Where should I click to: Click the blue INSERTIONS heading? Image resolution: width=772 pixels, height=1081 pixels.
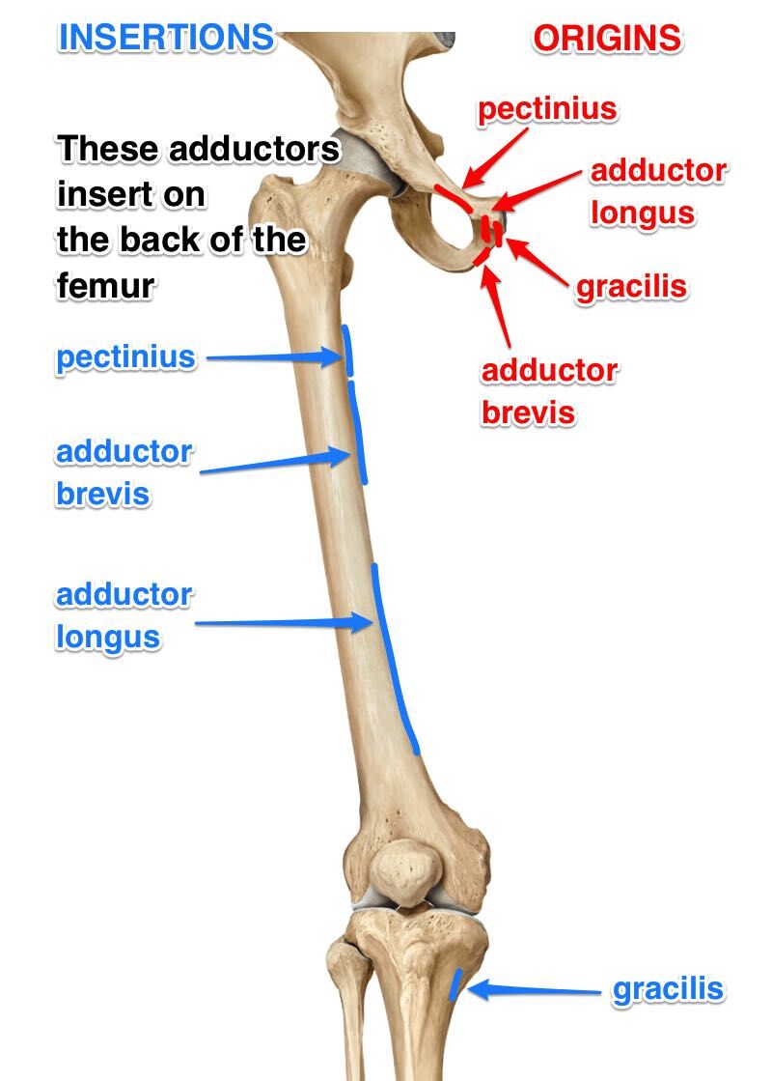pos(166,38)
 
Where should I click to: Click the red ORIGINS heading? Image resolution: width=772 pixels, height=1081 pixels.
pos(607,39)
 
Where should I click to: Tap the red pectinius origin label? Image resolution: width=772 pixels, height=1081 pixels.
pos(547,109)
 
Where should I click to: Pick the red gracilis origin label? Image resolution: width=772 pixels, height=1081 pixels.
pos(632,287)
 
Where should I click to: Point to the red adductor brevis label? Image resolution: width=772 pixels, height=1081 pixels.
pos(549,391)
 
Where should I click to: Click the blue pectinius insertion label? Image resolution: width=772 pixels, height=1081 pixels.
pos(125,357)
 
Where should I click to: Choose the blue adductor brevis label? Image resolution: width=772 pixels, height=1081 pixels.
pos(124,472)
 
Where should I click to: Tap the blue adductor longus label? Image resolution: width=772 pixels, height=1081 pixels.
pos(124,615)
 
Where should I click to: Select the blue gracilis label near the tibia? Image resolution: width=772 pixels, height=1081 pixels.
pos(668,989)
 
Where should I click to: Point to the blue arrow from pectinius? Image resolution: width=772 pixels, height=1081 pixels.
pos(274,358)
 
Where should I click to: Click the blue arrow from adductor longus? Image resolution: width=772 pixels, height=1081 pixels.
pos(284,623)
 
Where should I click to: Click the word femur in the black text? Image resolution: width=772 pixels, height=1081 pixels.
pos(105,285)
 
